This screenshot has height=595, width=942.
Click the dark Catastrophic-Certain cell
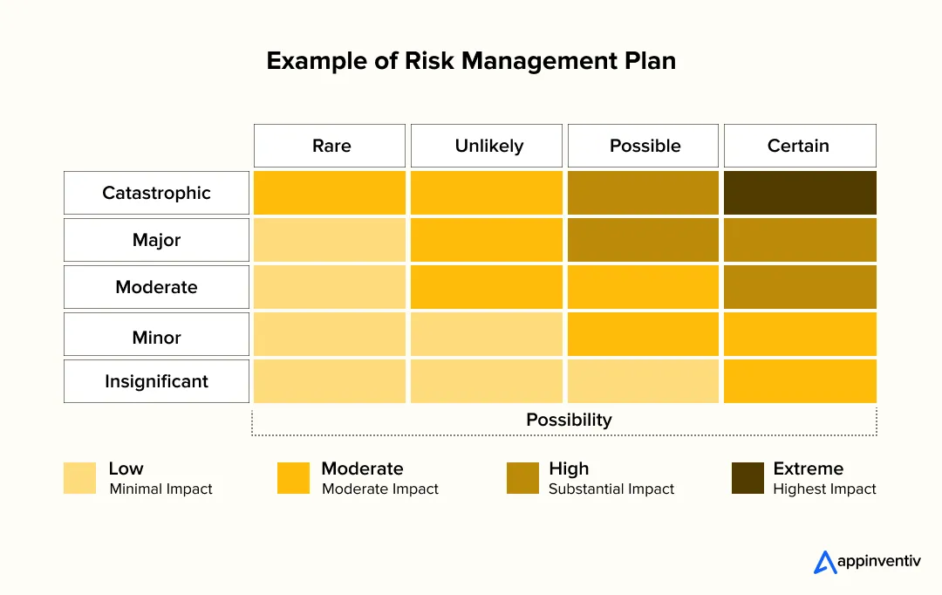800,193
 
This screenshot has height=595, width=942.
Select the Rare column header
330,146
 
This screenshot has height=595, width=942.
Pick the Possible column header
644,146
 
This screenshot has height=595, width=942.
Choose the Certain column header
800,146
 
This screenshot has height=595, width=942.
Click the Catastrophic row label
156,193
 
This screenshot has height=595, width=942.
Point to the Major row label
156,240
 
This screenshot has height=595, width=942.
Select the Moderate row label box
156,287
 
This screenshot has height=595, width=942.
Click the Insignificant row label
156,381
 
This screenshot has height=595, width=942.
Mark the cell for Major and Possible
644,240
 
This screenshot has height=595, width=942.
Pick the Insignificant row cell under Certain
800,381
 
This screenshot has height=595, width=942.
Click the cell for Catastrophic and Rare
330,193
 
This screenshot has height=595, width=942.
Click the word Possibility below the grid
569,420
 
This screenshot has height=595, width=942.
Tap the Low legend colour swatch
79,478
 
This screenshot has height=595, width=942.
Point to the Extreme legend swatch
747,478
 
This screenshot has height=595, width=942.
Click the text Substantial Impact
611,489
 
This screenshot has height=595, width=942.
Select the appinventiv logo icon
825,563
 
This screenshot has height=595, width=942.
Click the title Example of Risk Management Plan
471,61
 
